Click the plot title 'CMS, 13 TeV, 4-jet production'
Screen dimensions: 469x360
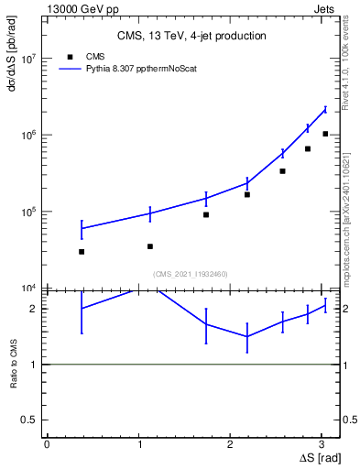(x=191, y=36)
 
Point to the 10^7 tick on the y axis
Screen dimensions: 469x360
(x=29, y=59)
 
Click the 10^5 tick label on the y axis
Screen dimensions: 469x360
(x=29, y=212)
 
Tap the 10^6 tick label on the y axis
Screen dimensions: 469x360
(x=29, y=136)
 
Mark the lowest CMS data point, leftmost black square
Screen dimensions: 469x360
(x=82, y=251)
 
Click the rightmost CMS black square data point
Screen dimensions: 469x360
(x=325, y=134)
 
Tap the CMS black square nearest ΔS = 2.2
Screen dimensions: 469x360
(x=247, y=194)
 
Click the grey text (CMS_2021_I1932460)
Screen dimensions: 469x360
(x=191, y=274)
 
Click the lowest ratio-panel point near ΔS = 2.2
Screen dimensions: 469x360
(x=247, y=336)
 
